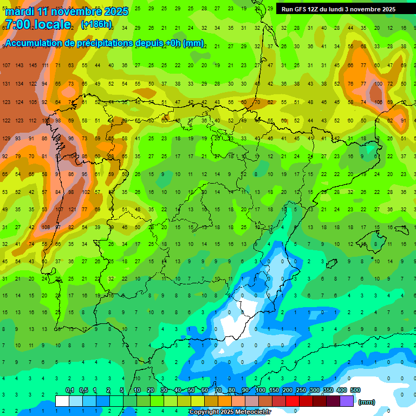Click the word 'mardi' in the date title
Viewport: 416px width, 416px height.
(19, 11)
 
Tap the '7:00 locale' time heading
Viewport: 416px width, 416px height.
(38, 24)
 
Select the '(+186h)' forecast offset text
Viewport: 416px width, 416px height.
(96, 24)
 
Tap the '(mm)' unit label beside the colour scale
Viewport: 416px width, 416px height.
(367, 402)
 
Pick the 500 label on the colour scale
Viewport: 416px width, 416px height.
(355, 391)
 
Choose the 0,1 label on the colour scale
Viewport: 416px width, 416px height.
(70, 391)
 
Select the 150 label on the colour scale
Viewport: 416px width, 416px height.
(274, 391)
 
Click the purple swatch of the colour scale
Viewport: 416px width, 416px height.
(347, 401)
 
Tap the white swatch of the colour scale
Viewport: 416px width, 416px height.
(62, 401)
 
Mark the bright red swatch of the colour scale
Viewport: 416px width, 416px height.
(292, 401)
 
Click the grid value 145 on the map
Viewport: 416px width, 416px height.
(32, 66)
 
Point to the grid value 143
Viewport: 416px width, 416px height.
(19, 66)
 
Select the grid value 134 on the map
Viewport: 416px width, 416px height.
(19, 84)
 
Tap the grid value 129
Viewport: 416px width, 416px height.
(6, 139)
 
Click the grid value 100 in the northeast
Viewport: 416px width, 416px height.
(377, 84)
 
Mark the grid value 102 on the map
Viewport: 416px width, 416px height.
(85, 192)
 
